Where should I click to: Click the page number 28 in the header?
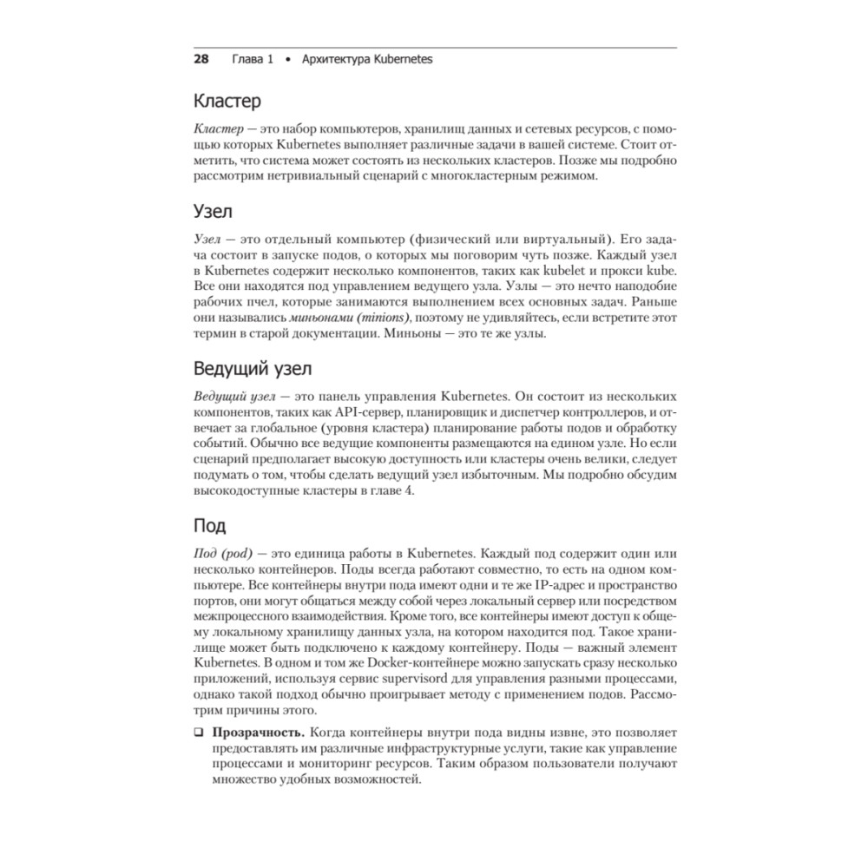pos(201,60)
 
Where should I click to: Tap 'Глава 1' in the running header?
pos(253,60)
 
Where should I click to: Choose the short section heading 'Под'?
pos(209,525)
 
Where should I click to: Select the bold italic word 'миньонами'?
pos(289,319)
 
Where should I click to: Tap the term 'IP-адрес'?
pos(556,584)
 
